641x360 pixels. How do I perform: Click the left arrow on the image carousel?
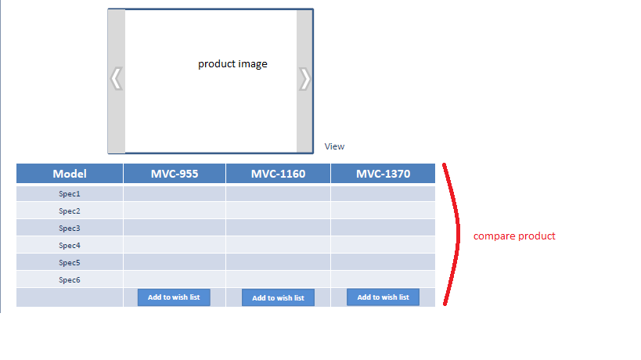(x=116, y=78)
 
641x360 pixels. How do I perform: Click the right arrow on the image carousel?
(x=305, y=78)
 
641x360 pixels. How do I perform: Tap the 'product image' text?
(x=232, y=64)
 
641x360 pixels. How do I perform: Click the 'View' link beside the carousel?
(x=334, y=146)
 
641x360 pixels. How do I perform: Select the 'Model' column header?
(x=70, y=174)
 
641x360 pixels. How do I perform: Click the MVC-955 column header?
(x=175, y=174)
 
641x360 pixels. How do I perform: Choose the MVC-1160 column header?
(x=278, y=174)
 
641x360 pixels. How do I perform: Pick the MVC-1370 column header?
(x=383, y=174)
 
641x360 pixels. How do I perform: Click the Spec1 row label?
(x=70, y=193)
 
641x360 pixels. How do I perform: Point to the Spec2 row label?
(x=70, y=211)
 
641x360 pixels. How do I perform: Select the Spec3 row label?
(x=70, y=228)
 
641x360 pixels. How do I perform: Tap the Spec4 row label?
(x=70, y=245)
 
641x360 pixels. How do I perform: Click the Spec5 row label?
(x=70, y=262)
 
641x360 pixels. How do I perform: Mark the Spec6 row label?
(x=70, y=279)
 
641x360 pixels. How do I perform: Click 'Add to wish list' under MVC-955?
(x=174, y=297)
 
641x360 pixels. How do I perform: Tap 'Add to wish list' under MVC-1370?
(x=383, y=297)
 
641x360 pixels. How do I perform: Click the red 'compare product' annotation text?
(x=514, y=236)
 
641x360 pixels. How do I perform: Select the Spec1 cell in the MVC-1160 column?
(x=278, y=193)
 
